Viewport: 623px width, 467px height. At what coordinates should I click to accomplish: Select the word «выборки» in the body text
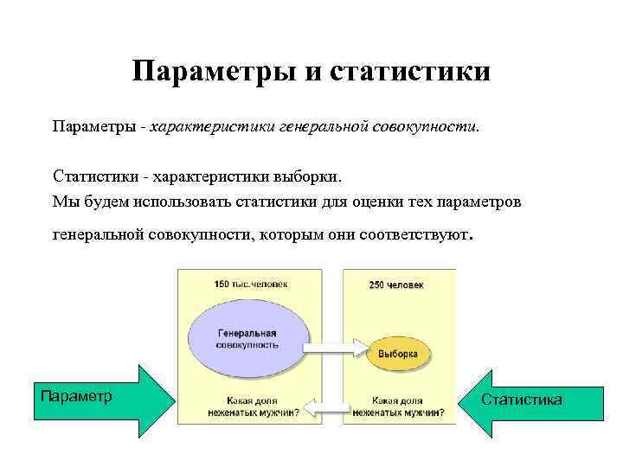[308, 176]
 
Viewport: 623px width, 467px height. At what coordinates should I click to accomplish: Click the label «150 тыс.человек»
[251, 284]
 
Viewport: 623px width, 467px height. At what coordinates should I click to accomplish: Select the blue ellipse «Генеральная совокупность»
[247, 337]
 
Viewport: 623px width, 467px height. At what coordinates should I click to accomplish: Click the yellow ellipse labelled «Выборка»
[397, 354]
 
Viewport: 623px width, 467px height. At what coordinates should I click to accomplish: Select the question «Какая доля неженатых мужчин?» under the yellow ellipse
[397, 406]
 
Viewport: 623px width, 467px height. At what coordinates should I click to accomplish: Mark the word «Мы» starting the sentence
[63, 201]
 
